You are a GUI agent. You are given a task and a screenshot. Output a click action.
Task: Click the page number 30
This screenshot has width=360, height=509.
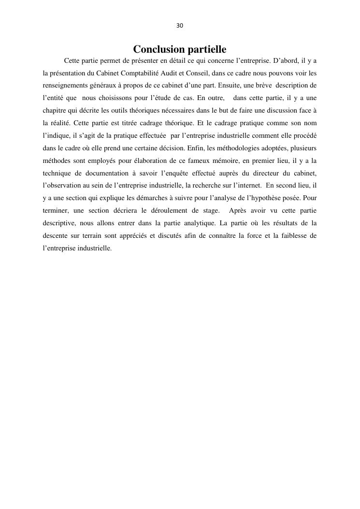coord(180,26)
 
